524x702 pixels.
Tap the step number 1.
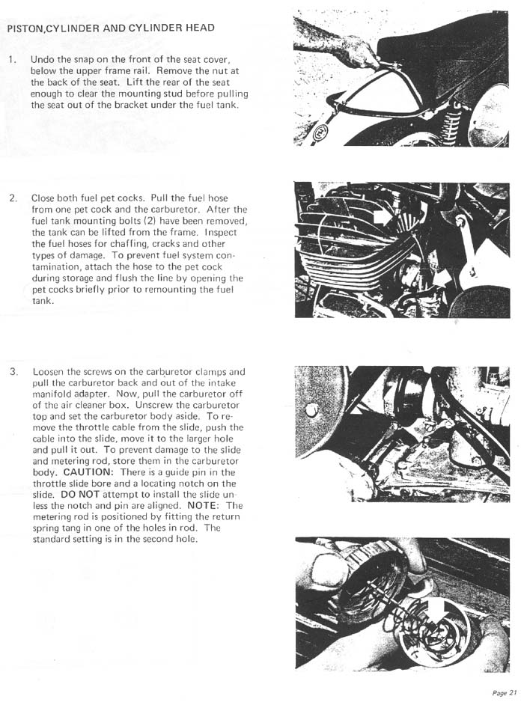[10, 59]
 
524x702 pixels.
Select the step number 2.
[12, 198]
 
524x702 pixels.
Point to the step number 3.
[13, 372]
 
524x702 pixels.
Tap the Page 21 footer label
[504, 692]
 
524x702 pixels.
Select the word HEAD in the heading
[197, 28]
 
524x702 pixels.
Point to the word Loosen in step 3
[49, 372]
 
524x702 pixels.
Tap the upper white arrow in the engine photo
[382, 218]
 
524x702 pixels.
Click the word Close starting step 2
[45, 198]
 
